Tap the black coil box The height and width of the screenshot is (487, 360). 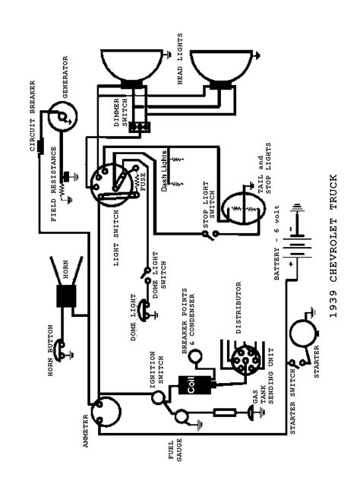click(x=188, y=387)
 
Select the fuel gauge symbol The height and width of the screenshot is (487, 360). click(x=182, y=416)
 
